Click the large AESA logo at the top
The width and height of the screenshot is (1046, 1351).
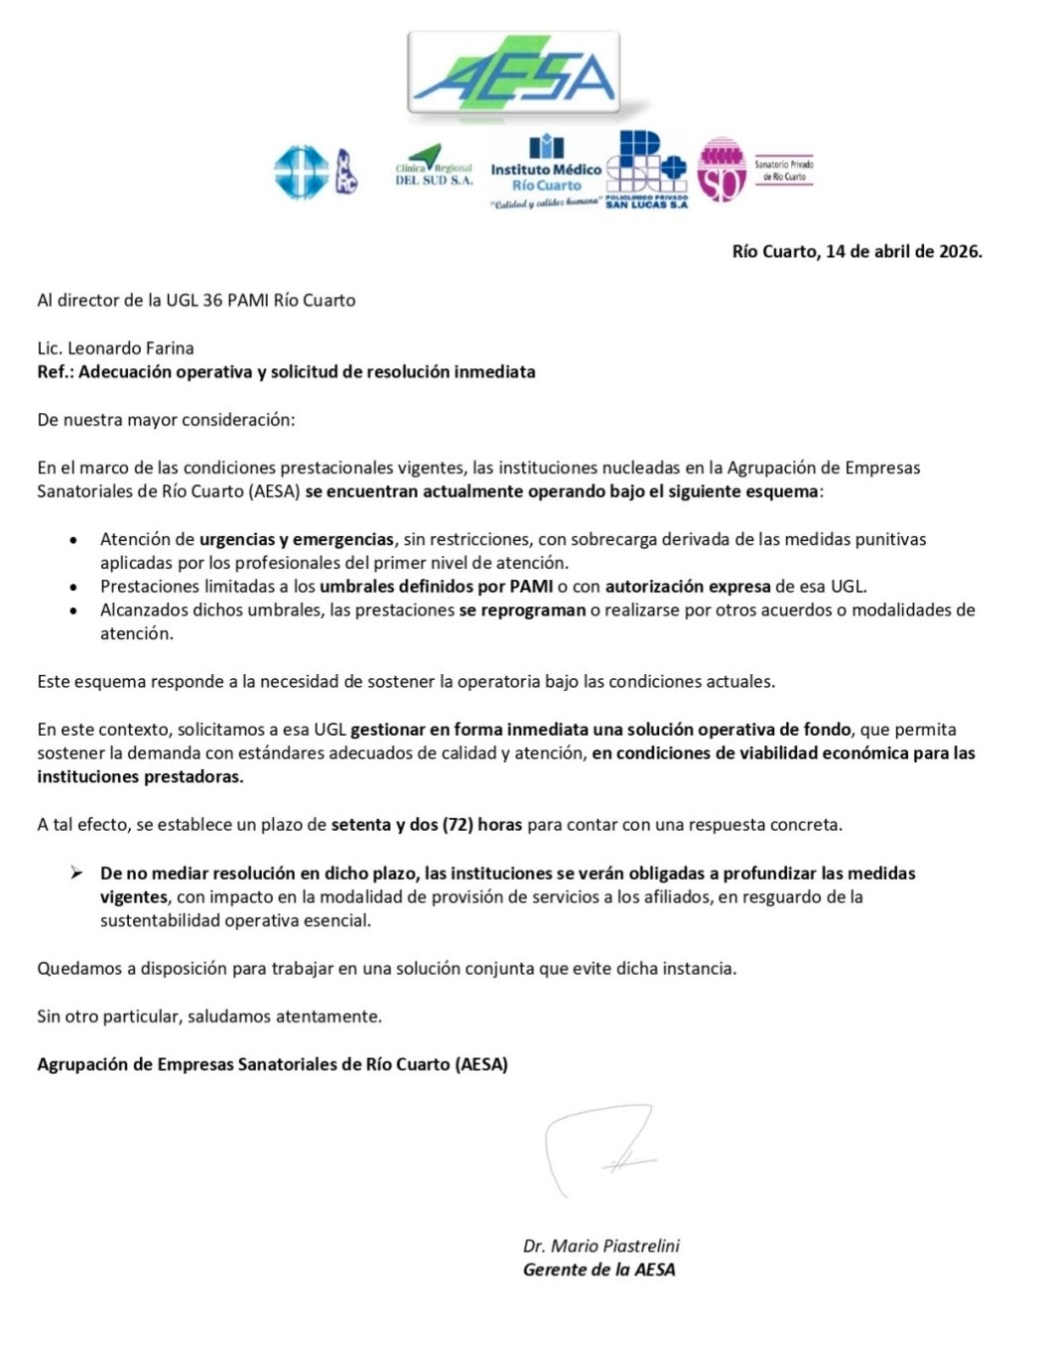coord(514,76)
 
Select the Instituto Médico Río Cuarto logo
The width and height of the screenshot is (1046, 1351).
coord(546,172)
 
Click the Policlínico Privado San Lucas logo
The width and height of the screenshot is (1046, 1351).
coord(646,171)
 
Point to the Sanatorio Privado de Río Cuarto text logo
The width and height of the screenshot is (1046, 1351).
coord(783,170)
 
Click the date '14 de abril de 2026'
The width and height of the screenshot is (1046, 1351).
coord(903,251)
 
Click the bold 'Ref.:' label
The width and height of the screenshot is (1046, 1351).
coord(56,372)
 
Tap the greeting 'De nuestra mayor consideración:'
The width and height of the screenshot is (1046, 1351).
coord(166,420)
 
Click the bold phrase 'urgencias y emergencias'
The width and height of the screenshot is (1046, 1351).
coord(296,539)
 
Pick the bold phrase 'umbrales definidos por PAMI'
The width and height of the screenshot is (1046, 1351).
coord(436,587)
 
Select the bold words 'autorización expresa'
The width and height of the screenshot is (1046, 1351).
coord(688,587)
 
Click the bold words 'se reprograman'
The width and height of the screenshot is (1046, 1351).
coord(522,610)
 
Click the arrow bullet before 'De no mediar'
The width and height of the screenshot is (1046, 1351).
coord(76,874)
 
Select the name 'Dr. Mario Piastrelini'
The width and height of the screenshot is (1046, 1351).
coord(601,1246)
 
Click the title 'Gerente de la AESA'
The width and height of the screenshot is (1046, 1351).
coord(598,1270)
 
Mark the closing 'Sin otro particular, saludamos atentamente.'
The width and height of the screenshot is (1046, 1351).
coord(209,1016)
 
